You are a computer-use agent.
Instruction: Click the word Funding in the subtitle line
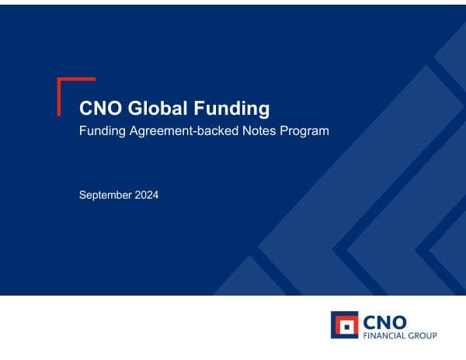tap(101, 131)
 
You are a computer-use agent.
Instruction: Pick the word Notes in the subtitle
tap(249, 131)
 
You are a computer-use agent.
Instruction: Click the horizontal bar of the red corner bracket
tap(77, 79)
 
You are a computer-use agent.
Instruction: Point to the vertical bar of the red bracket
tap(59, 97)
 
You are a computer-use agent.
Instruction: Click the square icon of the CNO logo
tap(344, 325)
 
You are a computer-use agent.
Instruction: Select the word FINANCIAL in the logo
tap(386, 336)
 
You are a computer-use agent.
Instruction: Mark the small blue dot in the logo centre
tap(344, 325)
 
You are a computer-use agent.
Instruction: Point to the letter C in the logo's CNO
tap(372, 320)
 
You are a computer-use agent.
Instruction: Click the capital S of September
tap(83, 196)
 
